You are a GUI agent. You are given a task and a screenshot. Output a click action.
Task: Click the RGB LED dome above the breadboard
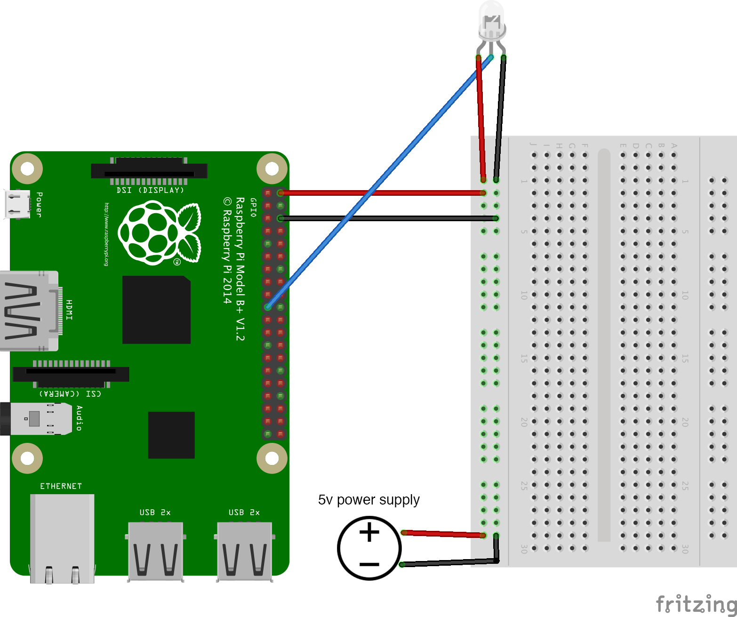(491, 19)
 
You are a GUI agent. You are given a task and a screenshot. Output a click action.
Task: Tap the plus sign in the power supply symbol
(369, 533)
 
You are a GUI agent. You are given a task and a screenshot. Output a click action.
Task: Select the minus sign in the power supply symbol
(369, 564)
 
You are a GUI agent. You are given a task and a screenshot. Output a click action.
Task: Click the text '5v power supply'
(368, 500)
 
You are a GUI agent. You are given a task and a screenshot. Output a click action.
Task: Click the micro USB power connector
(17, 204)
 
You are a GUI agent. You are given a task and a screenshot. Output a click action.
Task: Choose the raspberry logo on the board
(159, 232)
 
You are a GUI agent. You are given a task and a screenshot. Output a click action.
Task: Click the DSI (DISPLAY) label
(150, 191)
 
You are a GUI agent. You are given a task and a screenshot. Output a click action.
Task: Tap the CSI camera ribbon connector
(71, 374)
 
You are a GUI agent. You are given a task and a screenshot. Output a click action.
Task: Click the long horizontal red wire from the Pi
(381, 193)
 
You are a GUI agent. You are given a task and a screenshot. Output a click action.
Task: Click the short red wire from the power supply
(442, 534)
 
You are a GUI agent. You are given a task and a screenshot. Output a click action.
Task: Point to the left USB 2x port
(155, 551)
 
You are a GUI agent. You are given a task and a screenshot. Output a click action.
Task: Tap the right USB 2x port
(244, 551)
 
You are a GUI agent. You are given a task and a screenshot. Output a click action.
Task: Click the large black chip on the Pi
(156, 310)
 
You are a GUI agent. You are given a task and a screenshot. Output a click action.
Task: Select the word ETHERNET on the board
(61, 486)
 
